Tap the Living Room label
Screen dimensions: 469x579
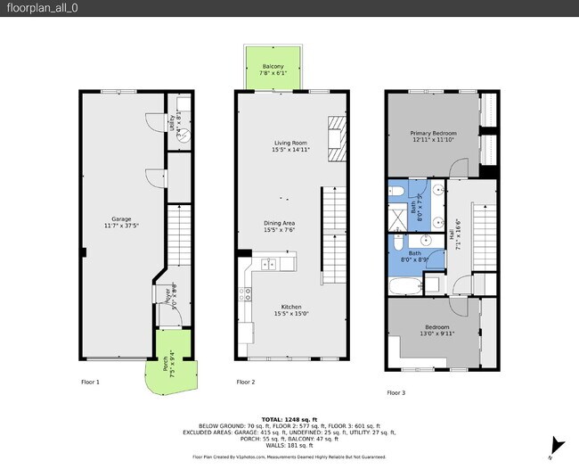[290, 146]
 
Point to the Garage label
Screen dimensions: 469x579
[121, 222]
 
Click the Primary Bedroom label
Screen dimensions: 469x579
[433, 136]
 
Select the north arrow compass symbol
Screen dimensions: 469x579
[559, 444]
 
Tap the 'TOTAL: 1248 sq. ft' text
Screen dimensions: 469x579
[289, 418]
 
